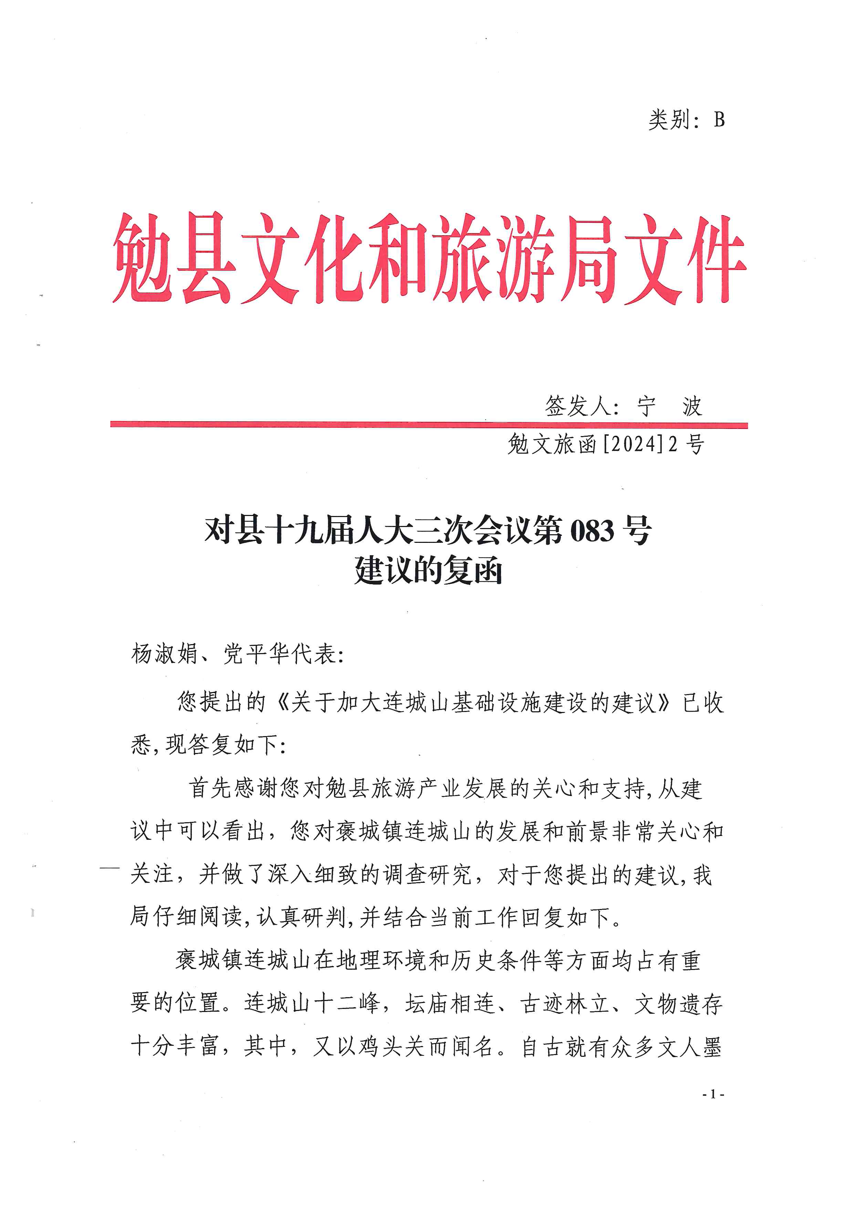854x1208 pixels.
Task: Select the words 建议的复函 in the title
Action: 428,570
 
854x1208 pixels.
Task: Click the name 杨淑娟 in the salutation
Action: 164,654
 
